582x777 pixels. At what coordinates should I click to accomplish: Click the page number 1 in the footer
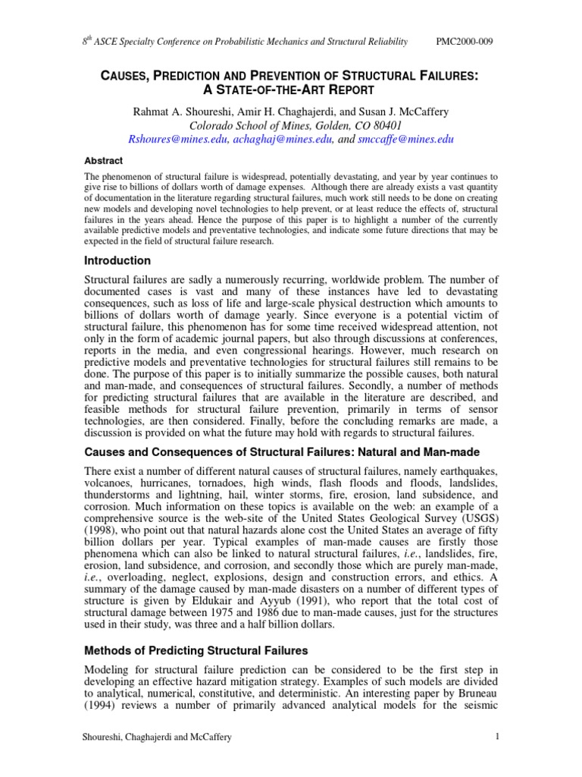click(496, 736)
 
